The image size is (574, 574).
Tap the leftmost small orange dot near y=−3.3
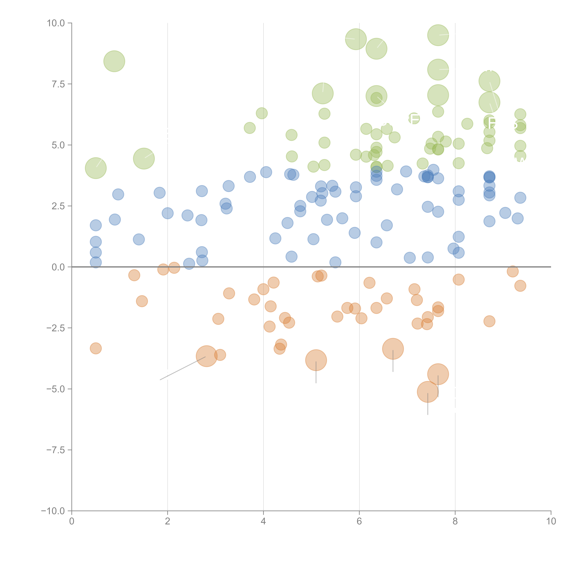pos(96,348)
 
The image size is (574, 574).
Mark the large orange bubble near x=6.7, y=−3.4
pos(393,349)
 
